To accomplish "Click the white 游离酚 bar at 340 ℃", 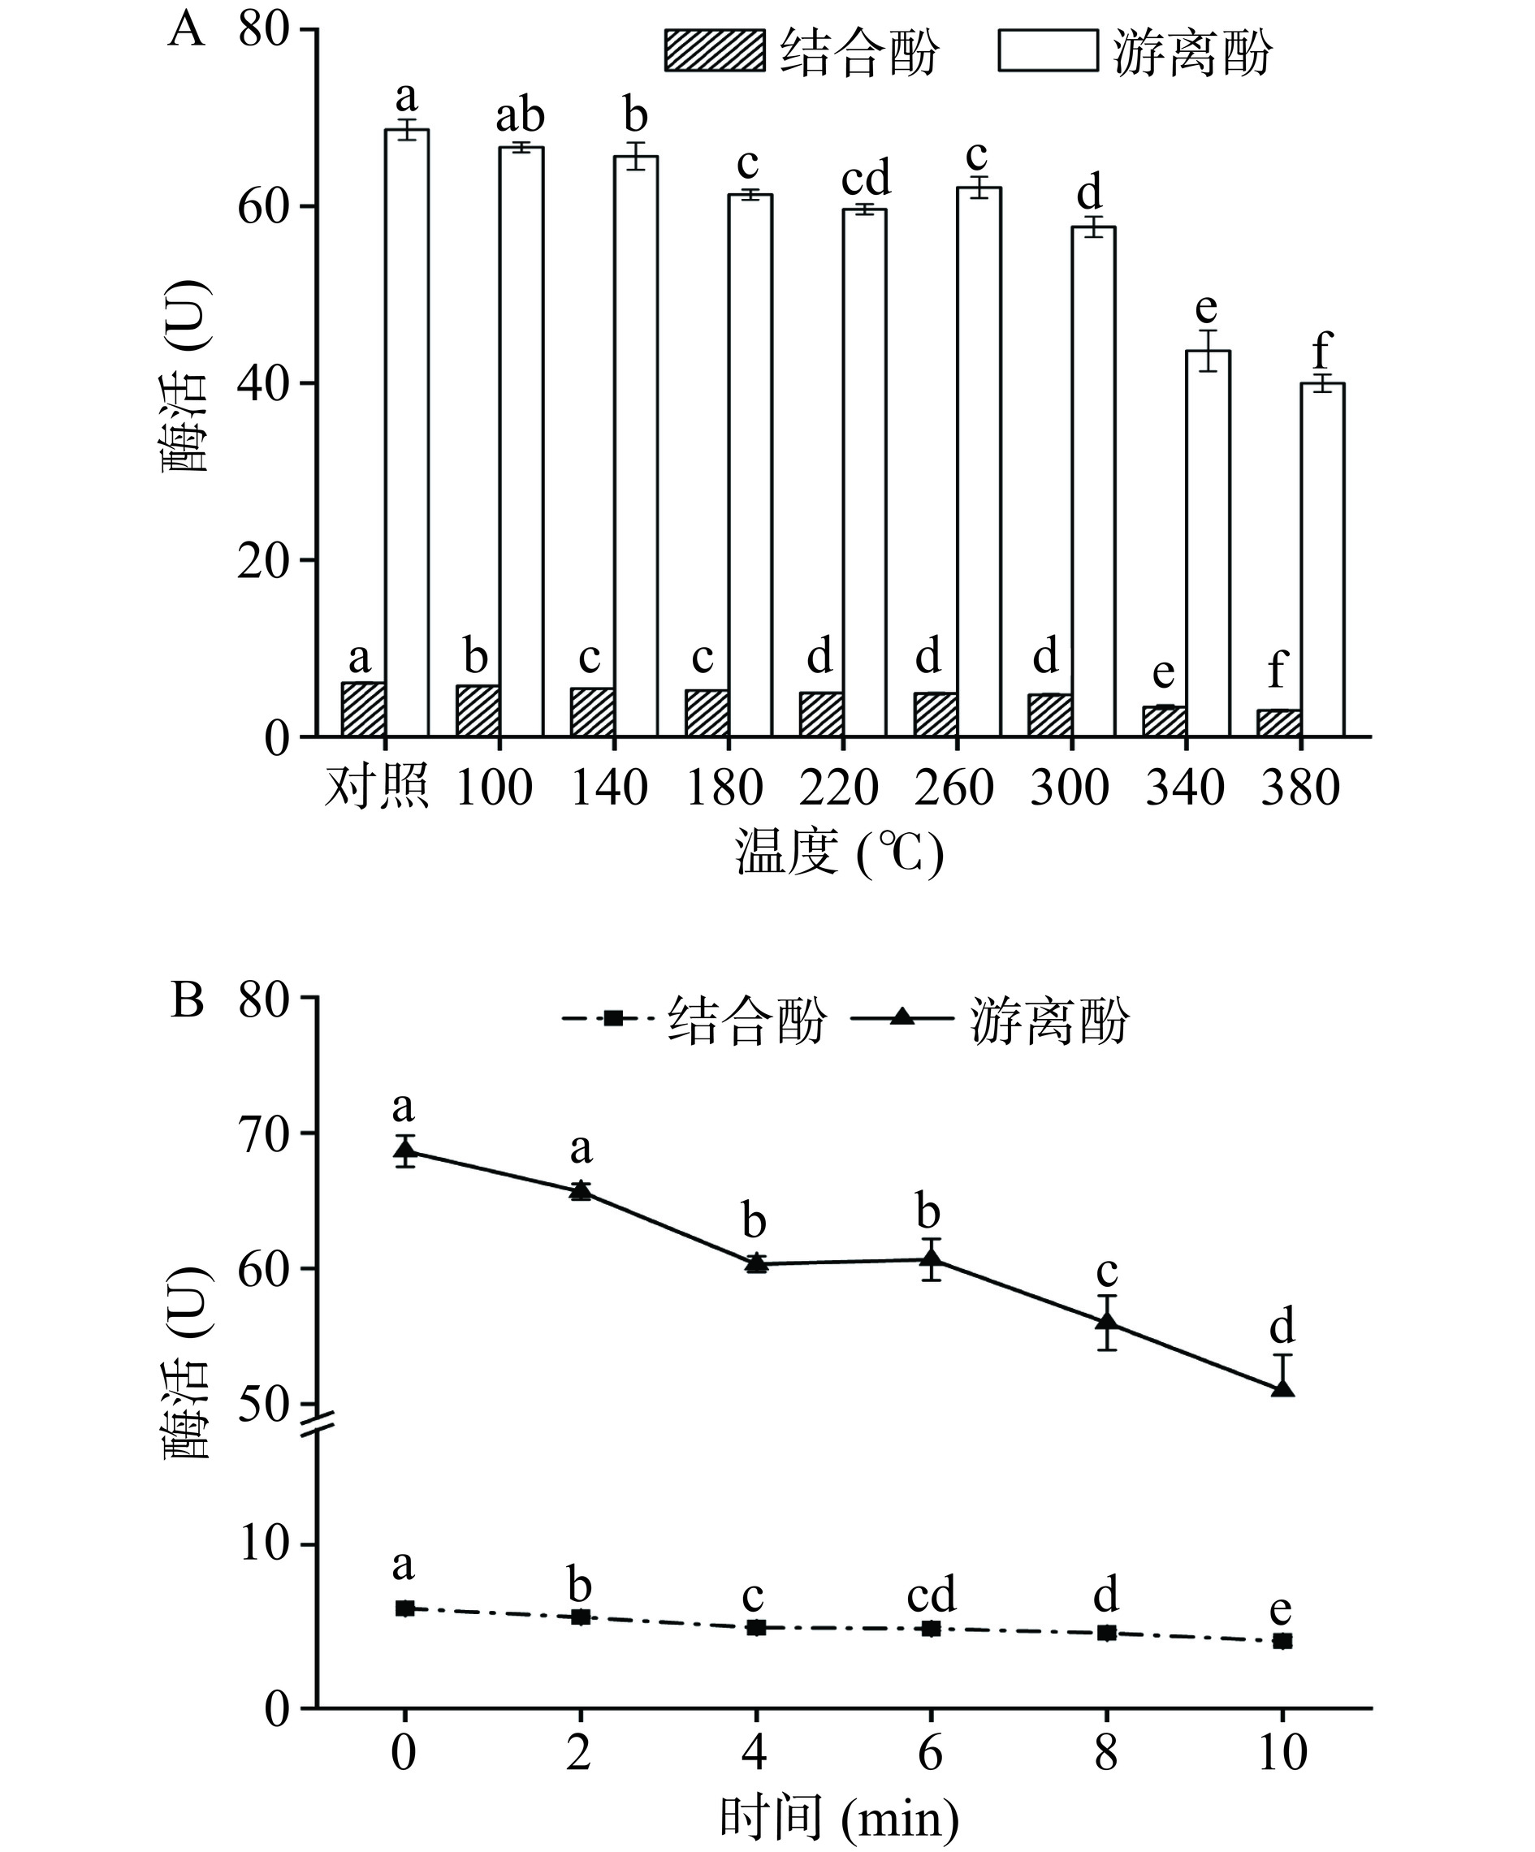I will point(1208,542).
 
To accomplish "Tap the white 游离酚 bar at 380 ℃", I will point(1322,559).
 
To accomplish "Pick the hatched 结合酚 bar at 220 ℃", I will point(821,714).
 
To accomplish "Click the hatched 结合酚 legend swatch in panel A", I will point(715,50).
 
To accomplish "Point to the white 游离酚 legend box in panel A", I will point(1048,50).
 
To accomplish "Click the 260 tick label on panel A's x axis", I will point(953,788).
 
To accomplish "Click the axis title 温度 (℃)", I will point(839,853).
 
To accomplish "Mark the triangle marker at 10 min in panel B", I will point(1282,1388).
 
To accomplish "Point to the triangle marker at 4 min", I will point(756,1263).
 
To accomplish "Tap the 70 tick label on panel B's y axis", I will point(263,1133).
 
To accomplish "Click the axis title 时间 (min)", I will point(839,1819).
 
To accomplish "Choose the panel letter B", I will point(187,1001).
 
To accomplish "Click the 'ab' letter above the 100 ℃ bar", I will point(521,115).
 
